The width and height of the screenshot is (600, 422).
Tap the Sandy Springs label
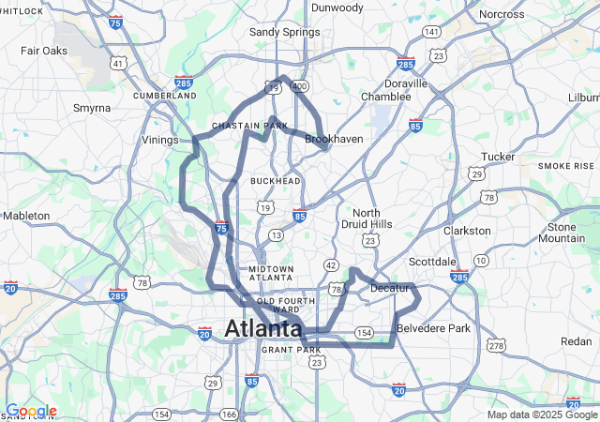[284, 32]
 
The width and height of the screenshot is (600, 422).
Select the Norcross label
[502, 15]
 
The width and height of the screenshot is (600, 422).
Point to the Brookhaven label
[334, 139]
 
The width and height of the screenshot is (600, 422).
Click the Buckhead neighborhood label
[275, 180]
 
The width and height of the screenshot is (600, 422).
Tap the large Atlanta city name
[263, 328]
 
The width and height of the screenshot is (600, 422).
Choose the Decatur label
[391, 287]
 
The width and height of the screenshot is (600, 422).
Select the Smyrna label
[92, 108]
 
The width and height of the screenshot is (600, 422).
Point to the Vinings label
[160, 140]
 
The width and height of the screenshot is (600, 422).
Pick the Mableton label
[26, 216]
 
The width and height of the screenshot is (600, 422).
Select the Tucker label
[498, 157]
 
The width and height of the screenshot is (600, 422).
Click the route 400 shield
[299, 86]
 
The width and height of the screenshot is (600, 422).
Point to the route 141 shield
[431, 32]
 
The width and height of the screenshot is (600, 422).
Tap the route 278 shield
[495, 346]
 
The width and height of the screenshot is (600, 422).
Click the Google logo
[31, 411]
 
